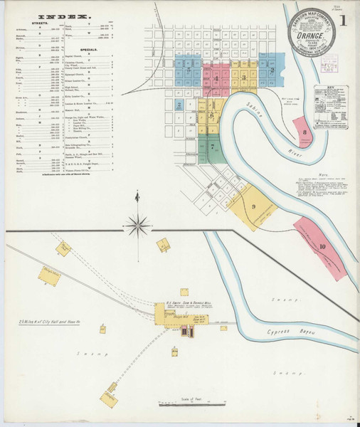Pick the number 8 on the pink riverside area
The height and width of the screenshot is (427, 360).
pos(305,132)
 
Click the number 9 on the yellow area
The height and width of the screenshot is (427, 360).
pos(253,206)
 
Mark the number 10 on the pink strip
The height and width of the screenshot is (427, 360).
pos(322,246)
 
